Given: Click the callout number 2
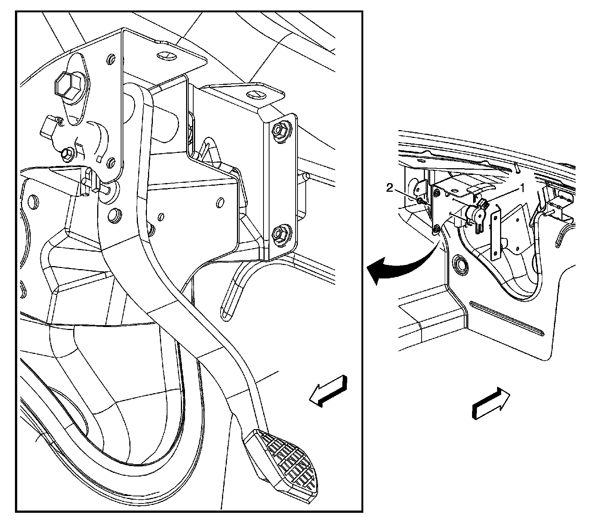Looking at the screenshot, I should pyautogui.click(x=390, y=188).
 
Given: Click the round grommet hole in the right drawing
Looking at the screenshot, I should pyautogui.click(x=460, y=264).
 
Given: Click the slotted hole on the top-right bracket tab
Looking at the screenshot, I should pyautogui.click(x=256, y=95).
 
